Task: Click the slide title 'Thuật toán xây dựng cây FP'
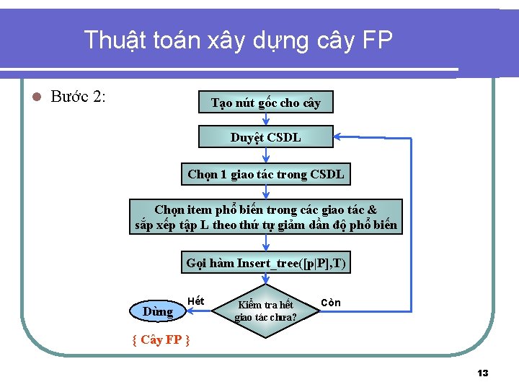pyautogui.click(x=238, y=40)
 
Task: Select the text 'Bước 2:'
pyautogui.click(x=79, y=97)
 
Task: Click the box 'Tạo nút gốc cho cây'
pyautogui.click(x=265, y=103)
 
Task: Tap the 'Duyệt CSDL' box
pyautogui.click(x=265, y=137)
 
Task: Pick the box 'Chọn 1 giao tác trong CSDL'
pyautogui.click(x=265, y=174)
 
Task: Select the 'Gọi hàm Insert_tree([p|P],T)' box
pyautogui.click(x=265, y=263)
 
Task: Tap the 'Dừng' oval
pyautogui.click(x=158, y=311)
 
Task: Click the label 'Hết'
pyautogui.click(x=195, y=300)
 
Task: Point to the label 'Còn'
pyautogui.click(x=331, y=302)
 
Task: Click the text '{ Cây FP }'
pyautogui.click(x=161, y=339)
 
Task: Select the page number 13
pyautogui.click(x=483, y=373)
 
